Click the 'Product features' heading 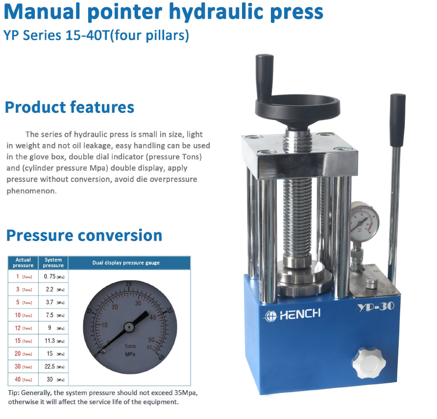click(x=69, y=107)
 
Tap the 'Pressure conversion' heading click(x=84, y=235)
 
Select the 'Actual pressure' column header click(x=23, y=263)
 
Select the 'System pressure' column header click(x=53, y=263)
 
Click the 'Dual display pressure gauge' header click(x=126, y=263)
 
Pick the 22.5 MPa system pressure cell click(x=53, y=367)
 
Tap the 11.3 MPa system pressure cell click(x=53, y=341)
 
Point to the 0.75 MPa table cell click(x=53, y=277)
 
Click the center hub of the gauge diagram click(x=129, y=325)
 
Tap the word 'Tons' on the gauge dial click(x=130, y=346)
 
